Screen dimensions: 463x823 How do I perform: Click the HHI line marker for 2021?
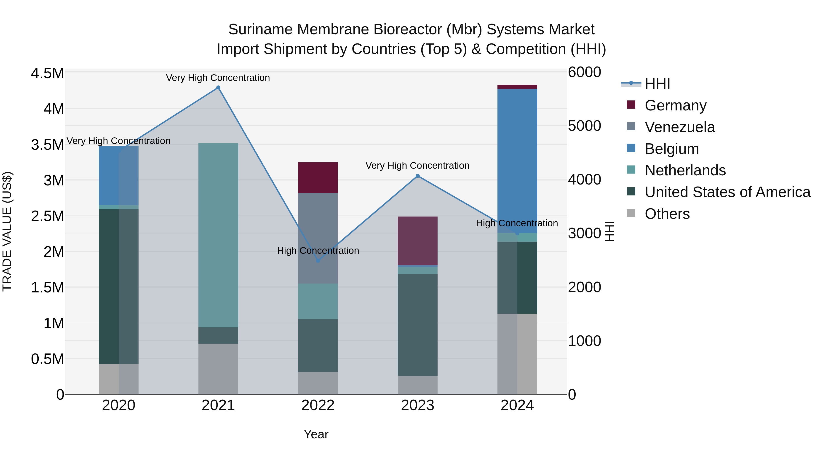click(218, 88)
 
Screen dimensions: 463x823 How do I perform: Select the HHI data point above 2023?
click(418, 176)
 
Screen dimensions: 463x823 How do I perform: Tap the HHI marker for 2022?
click(318, 261)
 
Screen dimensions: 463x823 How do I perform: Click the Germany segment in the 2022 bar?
click(318, 178)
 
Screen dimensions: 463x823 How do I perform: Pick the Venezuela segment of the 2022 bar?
click(318, 224)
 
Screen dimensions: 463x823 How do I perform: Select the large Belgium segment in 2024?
click(517, 160)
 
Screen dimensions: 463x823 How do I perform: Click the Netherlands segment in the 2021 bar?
click(218, 235)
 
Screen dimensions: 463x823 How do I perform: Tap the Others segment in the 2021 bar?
click(218, 369)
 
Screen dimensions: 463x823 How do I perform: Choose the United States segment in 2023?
click(418, 325)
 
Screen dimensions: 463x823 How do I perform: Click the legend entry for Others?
click(667, 214)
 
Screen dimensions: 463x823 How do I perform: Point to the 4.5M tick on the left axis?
click(47, 73)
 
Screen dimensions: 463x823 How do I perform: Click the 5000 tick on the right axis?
click(584, 126)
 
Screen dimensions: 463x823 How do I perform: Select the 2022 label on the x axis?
click(318, 405)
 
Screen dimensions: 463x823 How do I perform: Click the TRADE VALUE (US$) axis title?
click(7, 231)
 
